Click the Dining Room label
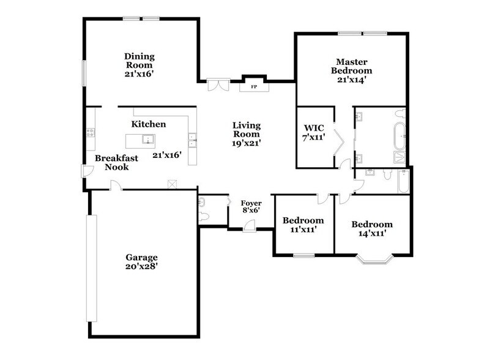[x=139, y=61]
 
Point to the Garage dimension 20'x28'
[x=143, y=266]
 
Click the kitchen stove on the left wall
[x=90, y=132]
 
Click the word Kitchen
[x=149, y=124]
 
